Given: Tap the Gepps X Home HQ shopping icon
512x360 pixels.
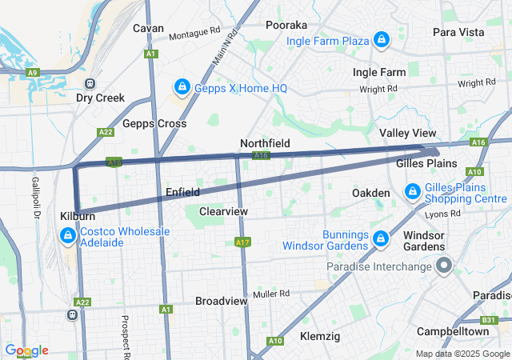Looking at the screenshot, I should tap(182, 86).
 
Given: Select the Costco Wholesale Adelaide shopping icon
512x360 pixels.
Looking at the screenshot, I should tap(68, 236).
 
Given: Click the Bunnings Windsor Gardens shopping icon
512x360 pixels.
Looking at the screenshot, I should tap(381, 238).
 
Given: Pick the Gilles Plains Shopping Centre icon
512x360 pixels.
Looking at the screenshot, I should tap(413, 192).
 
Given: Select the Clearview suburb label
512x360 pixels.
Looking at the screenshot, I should tap(223, 211).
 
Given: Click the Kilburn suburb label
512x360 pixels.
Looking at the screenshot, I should tap(78, 216).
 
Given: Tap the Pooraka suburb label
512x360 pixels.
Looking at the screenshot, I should tap(287, 23).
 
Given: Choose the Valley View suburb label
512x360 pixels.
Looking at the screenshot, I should tap(408, 133).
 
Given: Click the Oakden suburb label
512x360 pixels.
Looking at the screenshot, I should tap(371, 193).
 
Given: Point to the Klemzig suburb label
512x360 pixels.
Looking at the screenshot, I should tap(320, 337).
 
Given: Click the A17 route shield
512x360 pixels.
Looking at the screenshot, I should tap(243, 242).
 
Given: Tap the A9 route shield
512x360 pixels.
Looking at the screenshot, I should tap(32, 72).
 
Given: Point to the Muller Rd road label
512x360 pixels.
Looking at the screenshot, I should tap(270, 294).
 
